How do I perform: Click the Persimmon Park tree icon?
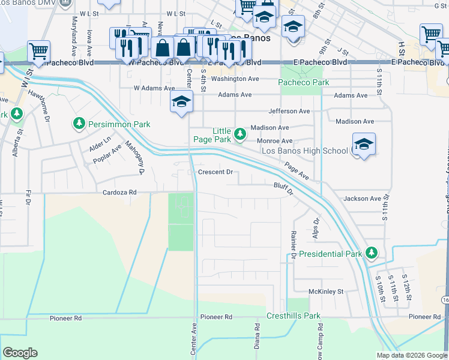[79, 124]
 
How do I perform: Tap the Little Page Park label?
[212, 135]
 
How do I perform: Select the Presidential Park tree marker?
[372, 253]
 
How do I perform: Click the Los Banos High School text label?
[304, 151]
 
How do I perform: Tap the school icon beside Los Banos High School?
[364, 145]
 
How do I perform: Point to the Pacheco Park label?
[304, 82]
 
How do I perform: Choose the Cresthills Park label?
[294, 316]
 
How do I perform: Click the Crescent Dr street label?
[215, 173]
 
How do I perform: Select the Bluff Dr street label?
[283, 190]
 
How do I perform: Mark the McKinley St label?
[325, 292]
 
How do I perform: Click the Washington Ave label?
[235, 79]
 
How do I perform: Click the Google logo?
[20, 353]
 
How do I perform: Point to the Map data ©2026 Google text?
[411, 355]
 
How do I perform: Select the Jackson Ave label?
[362, 199]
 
